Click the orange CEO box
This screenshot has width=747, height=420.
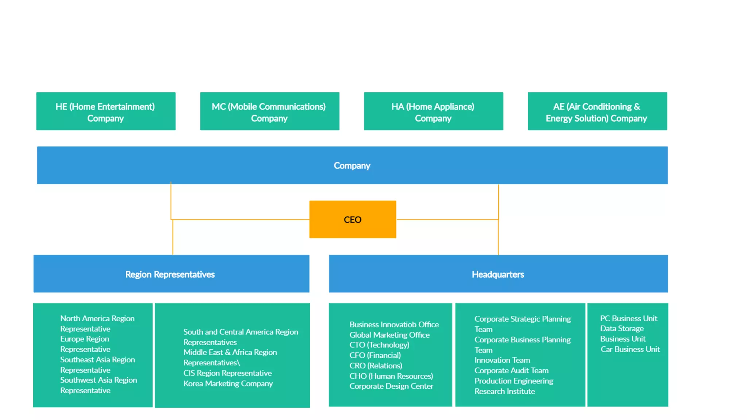pyautogui.click(x=352, y=219)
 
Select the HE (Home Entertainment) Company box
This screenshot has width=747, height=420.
pyautogui.click(x=106, y=111)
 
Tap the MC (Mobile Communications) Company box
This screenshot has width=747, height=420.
pyautogui.click(x=270, y=111)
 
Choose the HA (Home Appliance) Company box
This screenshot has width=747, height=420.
pyautogui.click(x=433, y=111)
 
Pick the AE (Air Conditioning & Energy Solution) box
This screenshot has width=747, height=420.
pyautogui.click(x=597, y=111)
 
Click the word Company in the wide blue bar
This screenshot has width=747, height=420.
pyautogui.click(x=352, y=166)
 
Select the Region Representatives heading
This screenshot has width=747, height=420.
pyautogui.click(x=170, y=274)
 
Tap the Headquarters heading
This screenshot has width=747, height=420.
pyautogui.click(x=498, y=274)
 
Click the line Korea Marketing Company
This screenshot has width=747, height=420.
pyautogui.click(x=228, y=383)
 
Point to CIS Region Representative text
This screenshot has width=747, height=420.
pyautogui.click(x=228, y=373)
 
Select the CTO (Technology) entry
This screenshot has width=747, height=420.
pyautogui.click(x=379, y=345)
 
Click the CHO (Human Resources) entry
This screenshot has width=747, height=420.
pyautogui.click(x=391, y=376)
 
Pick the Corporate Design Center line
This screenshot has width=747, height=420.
pyautogui.click(x=391, y=386)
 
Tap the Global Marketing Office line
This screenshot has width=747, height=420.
pyautogui.click(x=389, y=334)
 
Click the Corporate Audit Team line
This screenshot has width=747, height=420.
pyautogui.click(x=511, y=370)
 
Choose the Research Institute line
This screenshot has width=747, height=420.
pyautogui.click(x=504, y=391)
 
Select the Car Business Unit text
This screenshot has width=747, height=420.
pyautogui.click(x=630, y=349)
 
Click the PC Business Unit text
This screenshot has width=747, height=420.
pyautogui.click(x=628, y=318)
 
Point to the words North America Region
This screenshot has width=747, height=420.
pyautogui.click(x=97, y=318)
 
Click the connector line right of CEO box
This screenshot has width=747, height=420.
pyautogui.click(x=447, y=219)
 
